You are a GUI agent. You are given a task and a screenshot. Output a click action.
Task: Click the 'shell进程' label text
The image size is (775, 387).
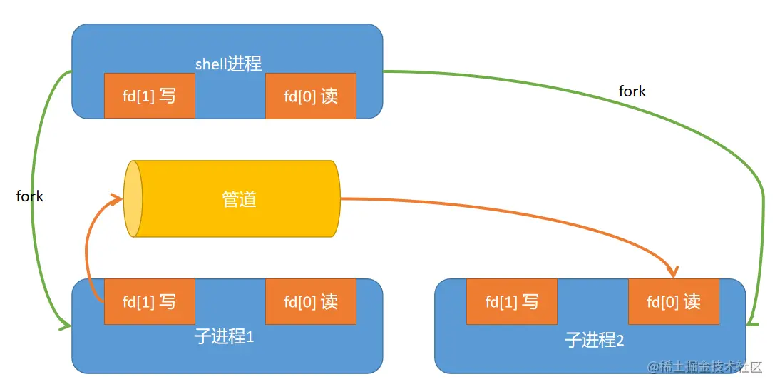[228, 64]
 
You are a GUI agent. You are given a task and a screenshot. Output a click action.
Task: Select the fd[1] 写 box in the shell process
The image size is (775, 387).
[150, 96]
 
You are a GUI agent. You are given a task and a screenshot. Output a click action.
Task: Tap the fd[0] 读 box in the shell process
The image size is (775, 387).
[311, 96]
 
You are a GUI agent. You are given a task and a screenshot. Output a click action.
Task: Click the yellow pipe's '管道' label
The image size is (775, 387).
[239, 199]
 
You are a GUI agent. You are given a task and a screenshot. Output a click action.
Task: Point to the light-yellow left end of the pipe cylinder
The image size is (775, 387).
[133, 199]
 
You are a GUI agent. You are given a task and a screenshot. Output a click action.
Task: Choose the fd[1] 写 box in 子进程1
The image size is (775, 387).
[150, 301]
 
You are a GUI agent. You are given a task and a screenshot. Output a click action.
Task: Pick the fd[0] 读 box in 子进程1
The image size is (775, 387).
[311, 301]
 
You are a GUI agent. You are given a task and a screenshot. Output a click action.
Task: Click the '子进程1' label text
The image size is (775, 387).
[224, 336]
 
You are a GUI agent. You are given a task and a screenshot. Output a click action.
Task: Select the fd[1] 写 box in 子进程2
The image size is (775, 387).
[511, 301]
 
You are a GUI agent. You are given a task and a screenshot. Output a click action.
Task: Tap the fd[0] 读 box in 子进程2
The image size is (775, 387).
[673, 301]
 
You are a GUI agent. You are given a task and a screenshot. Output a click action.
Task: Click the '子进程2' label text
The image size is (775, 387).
[594, 340]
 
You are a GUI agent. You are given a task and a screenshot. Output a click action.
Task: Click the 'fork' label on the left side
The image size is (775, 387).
[30, 196]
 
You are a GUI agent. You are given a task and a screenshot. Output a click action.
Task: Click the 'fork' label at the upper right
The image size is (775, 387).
[632, 91]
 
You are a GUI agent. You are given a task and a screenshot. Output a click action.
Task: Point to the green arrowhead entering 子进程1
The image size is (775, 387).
[65, 326]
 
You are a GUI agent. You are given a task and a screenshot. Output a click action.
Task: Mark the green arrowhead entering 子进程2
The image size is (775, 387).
[751, 323]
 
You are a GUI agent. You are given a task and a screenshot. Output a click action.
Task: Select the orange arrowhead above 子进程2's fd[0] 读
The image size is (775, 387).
[672, 271]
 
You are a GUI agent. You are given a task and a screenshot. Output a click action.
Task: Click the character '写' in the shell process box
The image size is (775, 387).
[168, 96]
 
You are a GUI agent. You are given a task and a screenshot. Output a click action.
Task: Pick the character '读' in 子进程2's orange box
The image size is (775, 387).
[692, 301]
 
